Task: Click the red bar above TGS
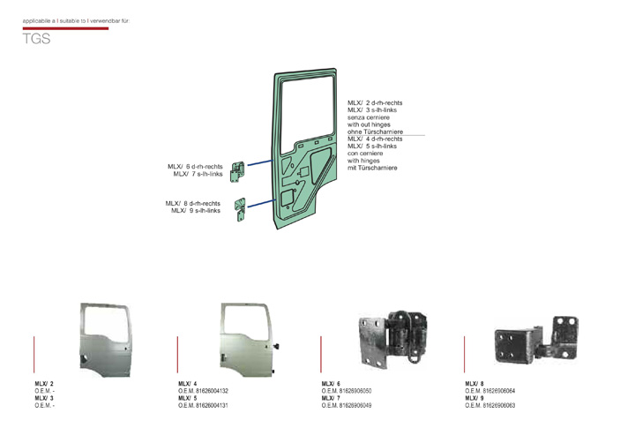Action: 65,28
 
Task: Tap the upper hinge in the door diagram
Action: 238,170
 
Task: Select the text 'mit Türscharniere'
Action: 372,168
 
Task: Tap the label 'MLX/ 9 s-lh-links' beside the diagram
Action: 195,210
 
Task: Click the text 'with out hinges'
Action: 370,124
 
